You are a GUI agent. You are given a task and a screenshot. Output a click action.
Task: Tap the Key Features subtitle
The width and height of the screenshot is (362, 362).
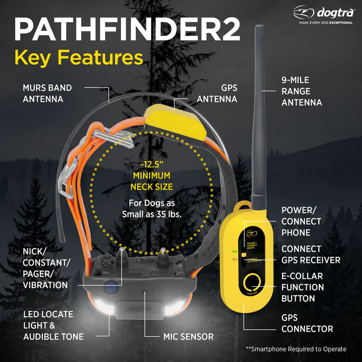(79, 58)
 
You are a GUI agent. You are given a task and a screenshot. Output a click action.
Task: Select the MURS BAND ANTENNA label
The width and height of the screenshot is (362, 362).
(47, 94)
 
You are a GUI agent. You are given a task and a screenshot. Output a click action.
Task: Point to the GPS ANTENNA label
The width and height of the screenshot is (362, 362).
(217, 94)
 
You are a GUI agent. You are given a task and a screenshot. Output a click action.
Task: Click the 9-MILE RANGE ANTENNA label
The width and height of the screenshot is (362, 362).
(302, 91)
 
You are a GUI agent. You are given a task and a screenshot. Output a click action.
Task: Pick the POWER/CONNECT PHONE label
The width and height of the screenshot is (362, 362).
(301, 221)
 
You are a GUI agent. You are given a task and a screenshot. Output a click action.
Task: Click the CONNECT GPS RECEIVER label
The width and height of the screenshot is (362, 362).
(311, 254)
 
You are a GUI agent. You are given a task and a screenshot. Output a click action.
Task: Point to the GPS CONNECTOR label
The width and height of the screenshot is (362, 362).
(307, 323)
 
